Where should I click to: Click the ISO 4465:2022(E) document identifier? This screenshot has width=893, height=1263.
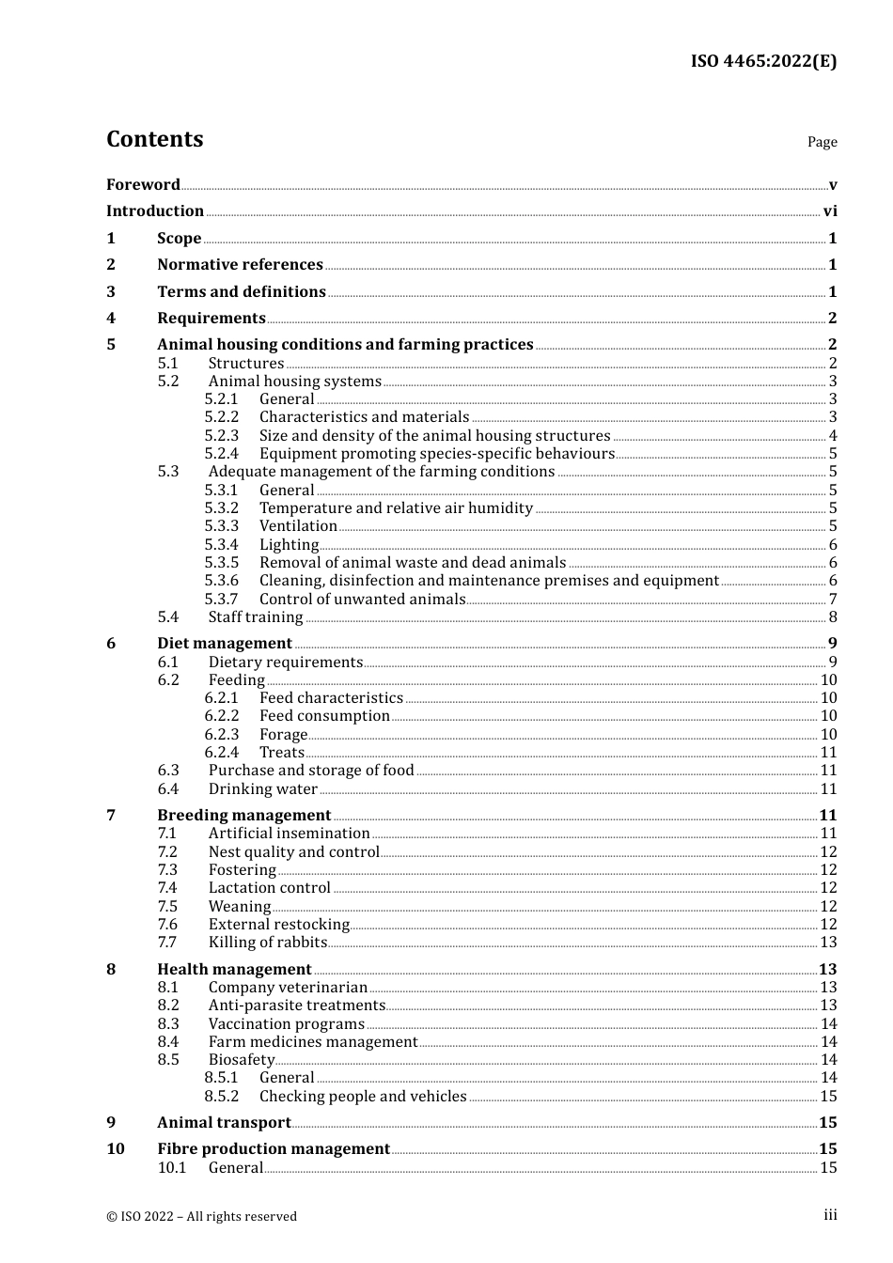click(763, 62)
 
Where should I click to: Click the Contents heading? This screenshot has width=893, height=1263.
click(154, 139)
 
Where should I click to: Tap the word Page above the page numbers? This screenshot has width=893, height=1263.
click(822, 142)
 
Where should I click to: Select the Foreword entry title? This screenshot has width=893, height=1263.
click(143, 185)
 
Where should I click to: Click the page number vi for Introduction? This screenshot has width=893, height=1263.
click(830, 211)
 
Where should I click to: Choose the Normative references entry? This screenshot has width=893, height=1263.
click(240, 265)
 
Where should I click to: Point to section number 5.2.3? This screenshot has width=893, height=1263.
click(222, 435)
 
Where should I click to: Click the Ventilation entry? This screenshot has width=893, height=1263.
click(298, 526)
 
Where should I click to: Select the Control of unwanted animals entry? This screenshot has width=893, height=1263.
click(362, 600)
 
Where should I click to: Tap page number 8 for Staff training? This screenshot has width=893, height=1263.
click(833, 617)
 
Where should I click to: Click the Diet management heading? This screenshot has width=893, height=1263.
click(225, 644)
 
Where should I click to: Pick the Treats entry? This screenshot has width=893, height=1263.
click(282, 753)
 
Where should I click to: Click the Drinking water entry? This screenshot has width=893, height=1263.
click(262, 789)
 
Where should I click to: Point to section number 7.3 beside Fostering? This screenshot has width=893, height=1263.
click(167, 870)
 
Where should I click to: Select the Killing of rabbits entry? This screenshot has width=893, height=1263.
click(268, 943)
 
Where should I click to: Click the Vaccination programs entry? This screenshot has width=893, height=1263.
click(286, 1024)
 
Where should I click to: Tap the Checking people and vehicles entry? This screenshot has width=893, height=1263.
click(363, 1097)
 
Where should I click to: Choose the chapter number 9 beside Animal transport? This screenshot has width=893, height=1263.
click(111, 1123)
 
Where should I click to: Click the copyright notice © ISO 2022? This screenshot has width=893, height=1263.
click(201, 1216)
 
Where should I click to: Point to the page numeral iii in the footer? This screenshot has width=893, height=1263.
click(830, 1215)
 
